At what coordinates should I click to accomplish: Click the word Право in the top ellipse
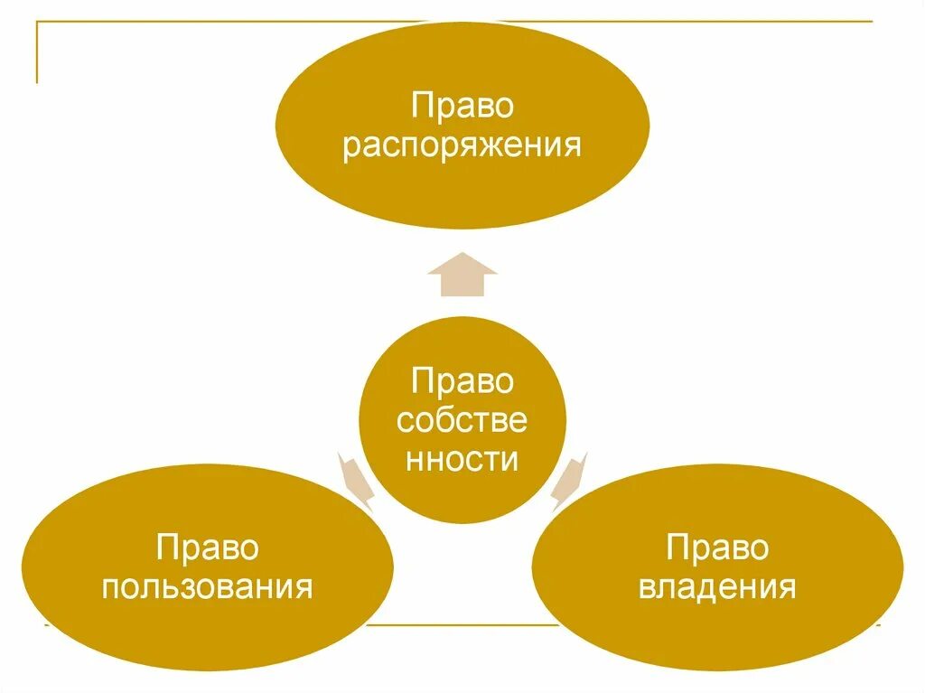point(462,106)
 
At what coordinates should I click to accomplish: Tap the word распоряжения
point(462,145)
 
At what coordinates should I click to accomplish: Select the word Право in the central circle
point(462,380)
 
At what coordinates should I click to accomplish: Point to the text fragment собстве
point(462,419)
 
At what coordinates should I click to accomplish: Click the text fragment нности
point(462,458)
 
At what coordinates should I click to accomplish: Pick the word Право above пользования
point(207,548)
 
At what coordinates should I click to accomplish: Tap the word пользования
point(207,587)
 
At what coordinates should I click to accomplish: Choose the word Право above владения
point(717,548)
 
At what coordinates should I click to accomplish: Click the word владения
point(717,587)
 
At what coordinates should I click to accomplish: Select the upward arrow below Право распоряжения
point(462,275)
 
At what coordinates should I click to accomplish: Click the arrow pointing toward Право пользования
point(356,477)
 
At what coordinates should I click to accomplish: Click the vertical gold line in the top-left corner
point(37,52)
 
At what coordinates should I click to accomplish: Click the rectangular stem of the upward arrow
point(462,285)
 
